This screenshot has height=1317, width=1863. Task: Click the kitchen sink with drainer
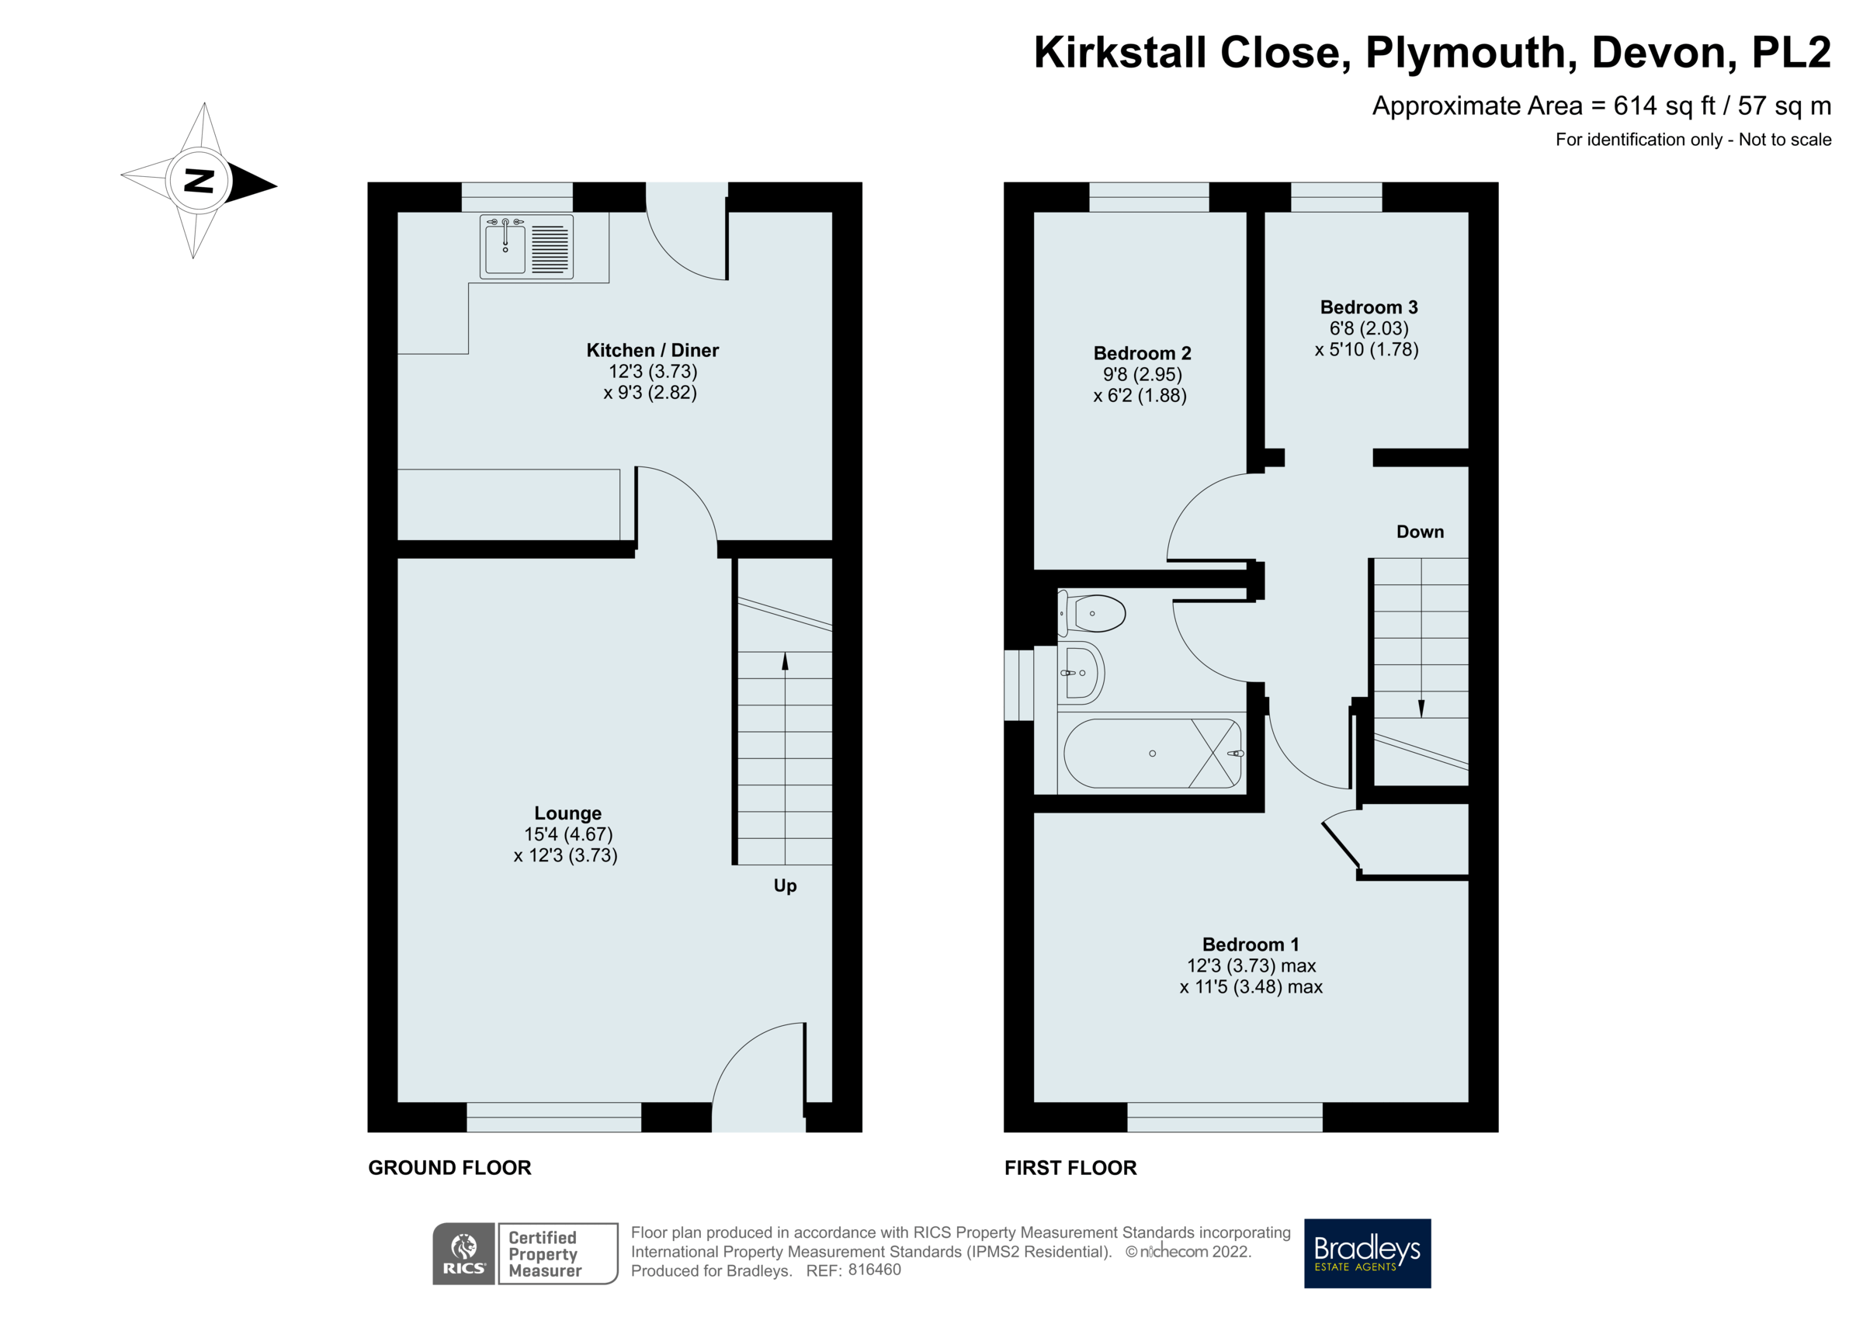526,247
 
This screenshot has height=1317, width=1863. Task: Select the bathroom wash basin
1081,673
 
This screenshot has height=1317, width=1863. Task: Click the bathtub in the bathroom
1152,754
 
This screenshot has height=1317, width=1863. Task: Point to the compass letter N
199,180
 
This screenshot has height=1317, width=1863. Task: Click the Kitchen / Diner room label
652,351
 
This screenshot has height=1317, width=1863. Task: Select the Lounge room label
567,813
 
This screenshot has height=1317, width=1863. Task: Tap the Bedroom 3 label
1368,307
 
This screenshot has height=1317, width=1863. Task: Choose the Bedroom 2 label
1142,354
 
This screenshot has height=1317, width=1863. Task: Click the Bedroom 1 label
1251,944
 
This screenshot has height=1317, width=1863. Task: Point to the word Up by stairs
785,886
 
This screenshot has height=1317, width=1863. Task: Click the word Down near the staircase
1420,532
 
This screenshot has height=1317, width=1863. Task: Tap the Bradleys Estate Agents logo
1366,1253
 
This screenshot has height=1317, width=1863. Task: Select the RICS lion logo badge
463,1253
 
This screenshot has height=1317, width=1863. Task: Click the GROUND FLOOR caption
449,1168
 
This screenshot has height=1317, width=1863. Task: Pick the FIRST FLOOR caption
1070,1168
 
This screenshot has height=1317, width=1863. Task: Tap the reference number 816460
874,1270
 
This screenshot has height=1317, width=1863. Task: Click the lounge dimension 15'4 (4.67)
568,834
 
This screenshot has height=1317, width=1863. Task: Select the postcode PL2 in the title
1791,53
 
